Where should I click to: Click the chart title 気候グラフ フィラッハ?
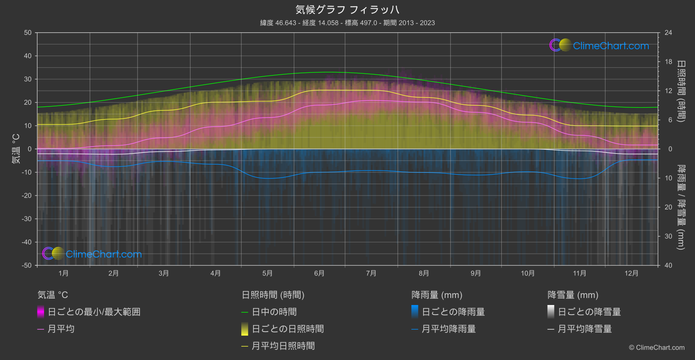click(347, 10)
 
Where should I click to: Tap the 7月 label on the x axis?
click(371, 273)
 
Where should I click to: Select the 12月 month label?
click(631, 273)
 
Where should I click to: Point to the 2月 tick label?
click(113, 273)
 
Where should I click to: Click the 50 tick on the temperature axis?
click(28, 33)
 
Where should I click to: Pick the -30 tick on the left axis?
click(27, 219)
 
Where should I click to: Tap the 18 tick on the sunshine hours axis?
click(668, 62)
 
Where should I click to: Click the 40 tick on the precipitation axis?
click(668, 265)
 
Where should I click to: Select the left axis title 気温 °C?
click(16, 149)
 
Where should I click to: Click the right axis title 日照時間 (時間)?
click(681, 91)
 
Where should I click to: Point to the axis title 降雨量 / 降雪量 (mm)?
click(681, 207)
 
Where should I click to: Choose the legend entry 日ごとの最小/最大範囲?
click(94, 312)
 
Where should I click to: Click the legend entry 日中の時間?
click(274, 312)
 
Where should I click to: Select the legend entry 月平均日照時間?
click(283, 346)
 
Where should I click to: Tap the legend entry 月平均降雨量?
click(448, 329)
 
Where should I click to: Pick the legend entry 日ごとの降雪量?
click(589, 312)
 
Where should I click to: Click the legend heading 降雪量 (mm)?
click(573, 295)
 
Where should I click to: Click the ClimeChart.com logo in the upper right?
click(599, 45)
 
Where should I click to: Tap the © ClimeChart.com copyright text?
click(657, 348)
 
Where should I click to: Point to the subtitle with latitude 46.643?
click(347, 23)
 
